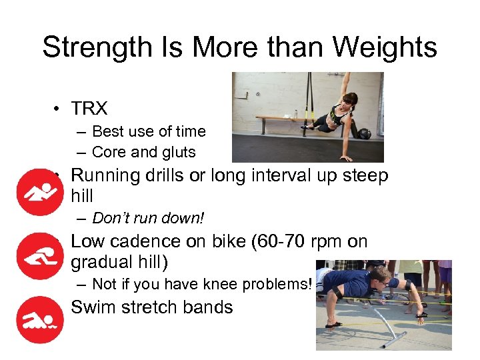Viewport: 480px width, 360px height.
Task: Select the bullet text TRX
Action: pyautogui.click(x=89, y=109)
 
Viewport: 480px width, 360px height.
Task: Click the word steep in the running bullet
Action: pyautogui.click(x=361, y=175)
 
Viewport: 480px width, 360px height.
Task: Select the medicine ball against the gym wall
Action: pyautogui.click(x=365, y=133)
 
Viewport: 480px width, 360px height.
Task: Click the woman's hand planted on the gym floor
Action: pyautogui.click(x=346, y=159)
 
